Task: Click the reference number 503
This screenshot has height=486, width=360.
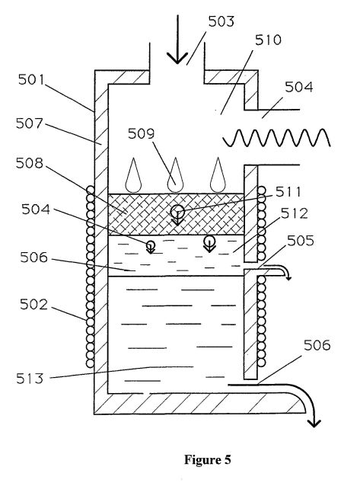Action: (x=221, y=21)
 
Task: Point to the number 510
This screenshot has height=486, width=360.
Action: (x=268, y=40)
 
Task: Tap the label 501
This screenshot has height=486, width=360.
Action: (x=31, y=79)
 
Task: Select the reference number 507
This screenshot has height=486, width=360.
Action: (x=30, y=123)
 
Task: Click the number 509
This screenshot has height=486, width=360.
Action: (x=141, y=133)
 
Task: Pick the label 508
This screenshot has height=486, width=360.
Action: (x=30, y=163)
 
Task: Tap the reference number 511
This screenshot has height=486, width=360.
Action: (x=288, y=192)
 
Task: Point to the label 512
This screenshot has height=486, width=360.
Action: (x=294, y=213)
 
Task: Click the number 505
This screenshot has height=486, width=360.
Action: (x=300, y=241)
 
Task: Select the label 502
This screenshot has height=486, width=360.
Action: (x=33, y=305)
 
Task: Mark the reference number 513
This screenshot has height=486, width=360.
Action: (x=30, y=379)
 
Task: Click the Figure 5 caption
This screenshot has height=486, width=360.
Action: (x=208, y=459)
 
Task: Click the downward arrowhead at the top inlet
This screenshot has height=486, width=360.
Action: (x=177, y=58)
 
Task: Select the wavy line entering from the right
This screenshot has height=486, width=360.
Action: (x=277, y=138)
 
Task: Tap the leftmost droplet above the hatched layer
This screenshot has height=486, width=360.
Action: (x=133, y=175)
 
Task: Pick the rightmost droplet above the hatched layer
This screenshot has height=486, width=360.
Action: (x=218, y=175)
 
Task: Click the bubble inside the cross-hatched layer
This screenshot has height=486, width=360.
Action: (x=177, y=212)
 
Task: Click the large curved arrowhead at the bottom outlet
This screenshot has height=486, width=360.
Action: (x=314, y=423)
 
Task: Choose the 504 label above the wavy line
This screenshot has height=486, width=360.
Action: (x=298, y=87)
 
